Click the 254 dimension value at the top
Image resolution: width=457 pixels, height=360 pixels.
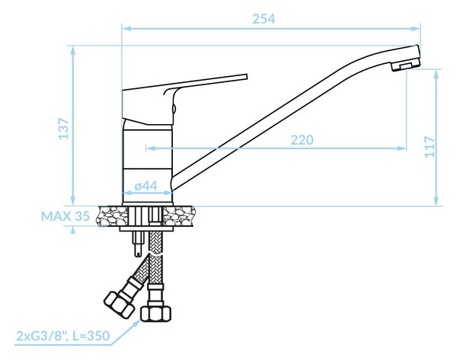pos(264,19)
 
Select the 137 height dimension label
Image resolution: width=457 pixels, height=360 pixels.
pos(64,129)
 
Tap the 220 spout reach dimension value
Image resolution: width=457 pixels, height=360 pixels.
pos(302,140)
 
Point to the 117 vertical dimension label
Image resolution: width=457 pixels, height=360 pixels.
pos(430,147)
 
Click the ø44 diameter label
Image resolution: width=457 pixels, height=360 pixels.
pos(146,186)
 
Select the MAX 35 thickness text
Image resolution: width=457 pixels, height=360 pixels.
pos(66,216)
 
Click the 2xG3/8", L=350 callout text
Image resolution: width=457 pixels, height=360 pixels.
pos(63,336)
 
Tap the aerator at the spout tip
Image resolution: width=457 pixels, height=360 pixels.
pos(405,64)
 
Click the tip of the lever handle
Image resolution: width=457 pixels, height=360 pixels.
pos(246,77)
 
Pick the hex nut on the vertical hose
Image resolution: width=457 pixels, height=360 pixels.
pos(156,313)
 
